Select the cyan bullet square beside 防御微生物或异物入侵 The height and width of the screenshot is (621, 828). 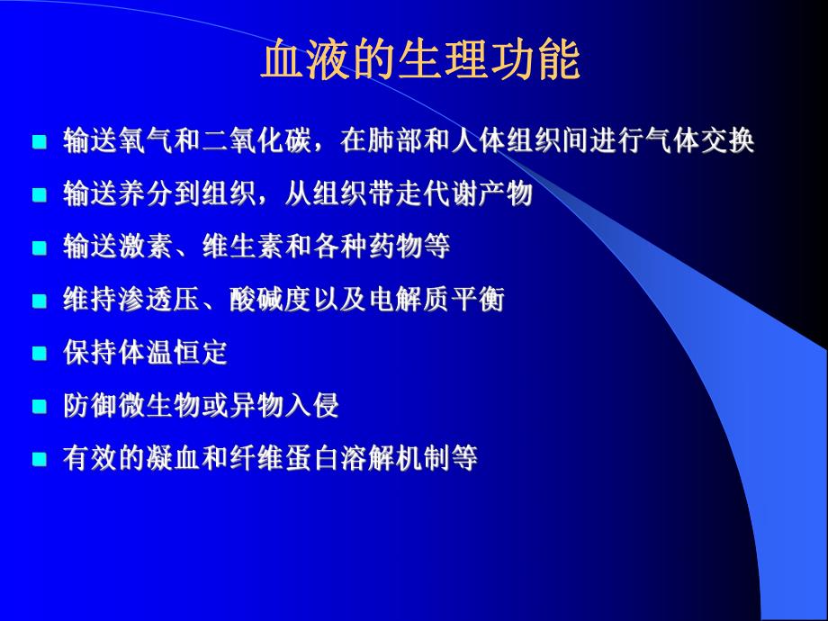pos(39,408)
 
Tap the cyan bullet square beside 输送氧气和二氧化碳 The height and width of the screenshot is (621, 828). pos(39,142)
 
